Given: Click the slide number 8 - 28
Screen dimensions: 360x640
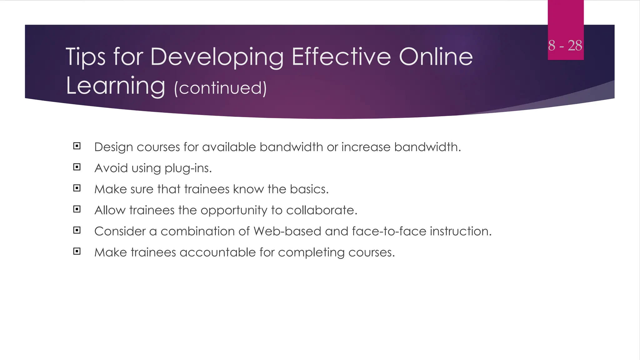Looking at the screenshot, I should (565, 46).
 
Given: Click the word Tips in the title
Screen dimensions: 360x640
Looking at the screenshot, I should (85, 57).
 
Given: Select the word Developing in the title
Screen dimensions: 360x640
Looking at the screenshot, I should (217, 57).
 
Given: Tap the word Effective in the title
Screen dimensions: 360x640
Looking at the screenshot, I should (341, 57).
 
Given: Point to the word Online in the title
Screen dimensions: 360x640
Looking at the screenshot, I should (436, 57).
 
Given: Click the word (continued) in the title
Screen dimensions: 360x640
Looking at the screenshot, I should (220, 88).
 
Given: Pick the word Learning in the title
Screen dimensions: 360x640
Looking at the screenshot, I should (115, 86).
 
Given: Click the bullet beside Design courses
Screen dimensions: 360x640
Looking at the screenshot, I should (77, 146).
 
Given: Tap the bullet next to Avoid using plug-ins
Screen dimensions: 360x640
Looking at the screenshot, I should (77, 167).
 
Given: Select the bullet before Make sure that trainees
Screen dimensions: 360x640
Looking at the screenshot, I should (77, 188).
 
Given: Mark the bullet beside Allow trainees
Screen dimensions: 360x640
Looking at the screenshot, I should (77, 209).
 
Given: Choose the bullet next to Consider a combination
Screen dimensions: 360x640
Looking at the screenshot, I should (77, 230).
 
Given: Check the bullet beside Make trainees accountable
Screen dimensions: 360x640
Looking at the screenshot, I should (77, 251).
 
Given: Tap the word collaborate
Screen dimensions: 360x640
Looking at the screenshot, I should (322, 210).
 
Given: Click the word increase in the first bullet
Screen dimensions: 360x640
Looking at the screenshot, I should (366, 147).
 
